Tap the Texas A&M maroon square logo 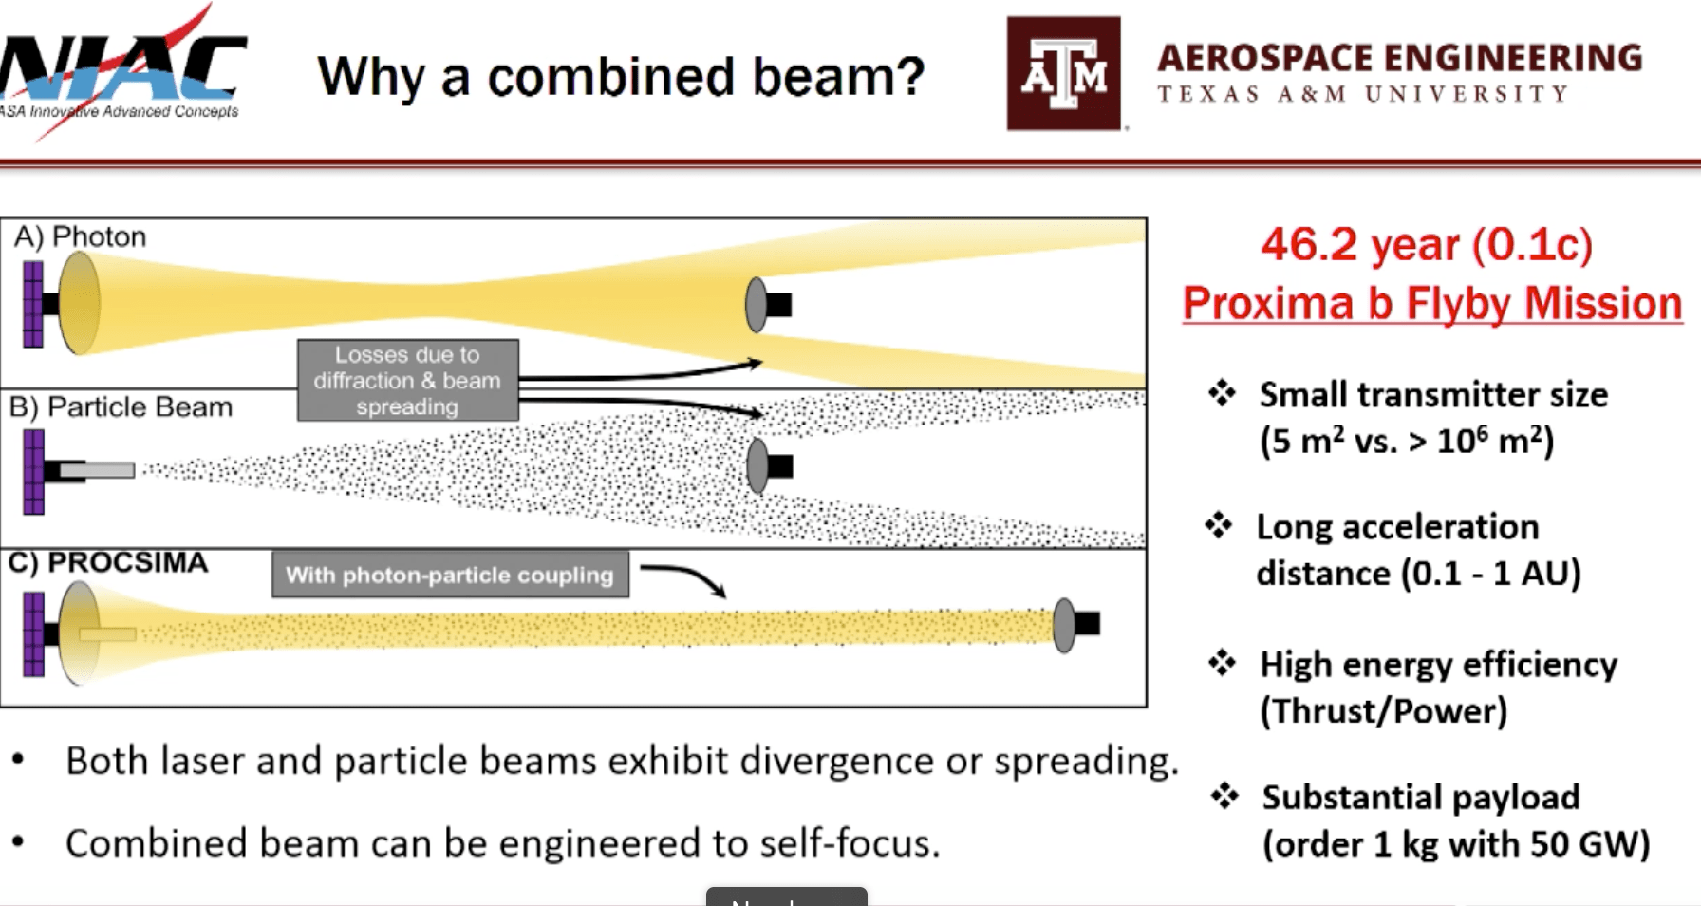[x=1063, y=73]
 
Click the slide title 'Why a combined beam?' [x=621, y=76]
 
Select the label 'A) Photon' [x=81, y=236]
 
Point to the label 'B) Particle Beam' [x=121, y=407]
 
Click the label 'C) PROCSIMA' [x=108, y=562]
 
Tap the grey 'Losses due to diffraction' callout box [x=407, y=380]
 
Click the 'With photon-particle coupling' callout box [x=450, y=575]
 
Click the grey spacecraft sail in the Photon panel [x=757, y=305]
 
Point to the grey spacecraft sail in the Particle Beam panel [x=758, y=465]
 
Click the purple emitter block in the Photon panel [x=33, y=305]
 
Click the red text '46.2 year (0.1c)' [x=1426, y=245]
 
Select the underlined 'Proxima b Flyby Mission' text [x=1431, y=304]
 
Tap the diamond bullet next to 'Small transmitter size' [x=1222, y=393]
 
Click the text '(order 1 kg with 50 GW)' [x=1456, y=843]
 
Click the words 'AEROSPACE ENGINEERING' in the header [x=1399, y=59]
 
